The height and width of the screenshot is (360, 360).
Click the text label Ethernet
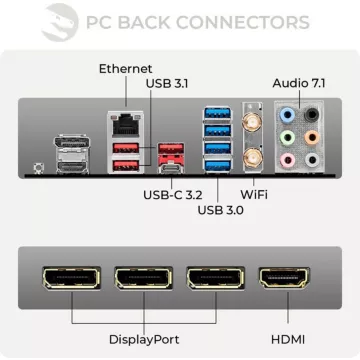[x=125, y=68]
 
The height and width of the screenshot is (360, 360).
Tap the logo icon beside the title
[x=57, y=21]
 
